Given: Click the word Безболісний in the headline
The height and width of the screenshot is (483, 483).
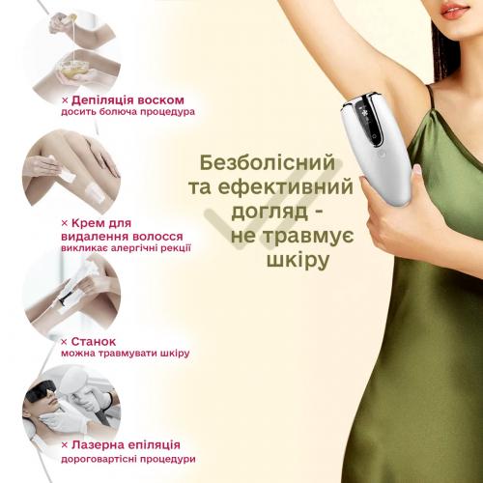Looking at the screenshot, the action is (x=268, y=163).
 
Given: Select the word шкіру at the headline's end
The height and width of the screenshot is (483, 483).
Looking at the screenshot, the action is (x=298, y=260).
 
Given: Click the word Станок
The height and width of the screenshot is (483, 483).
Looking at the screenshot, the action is (x=94, y=341).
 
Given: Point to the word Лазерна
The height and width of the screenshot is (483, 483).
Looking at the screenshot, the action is (x=98, y=444).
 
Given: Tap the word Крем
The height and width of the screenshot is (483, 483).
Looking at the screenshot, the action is (x=85, y=223).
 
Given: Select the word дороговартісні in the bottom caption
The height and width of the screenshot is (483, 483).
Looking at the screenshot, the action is (x=99, y=459).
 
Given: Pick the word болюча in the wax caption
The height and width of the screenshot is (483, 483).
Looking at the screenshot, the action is (x=123, y=112).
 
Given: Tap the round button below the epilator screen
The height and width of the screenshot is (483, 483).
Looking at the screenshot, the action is (x=383, y=155).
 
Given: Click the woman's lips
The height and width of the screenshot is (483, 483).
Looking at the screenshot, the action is (x=455, y=12).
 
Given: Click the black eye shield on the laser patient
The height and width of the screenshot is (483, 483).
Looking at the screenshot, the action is (x=42, y=392).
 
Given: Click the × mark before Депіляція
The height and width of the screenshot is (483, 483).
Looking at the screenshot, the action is (x=65, y=100).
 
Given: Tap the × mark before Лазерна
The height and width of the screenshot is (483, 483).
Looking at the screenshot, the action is (x=65, y=445).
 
